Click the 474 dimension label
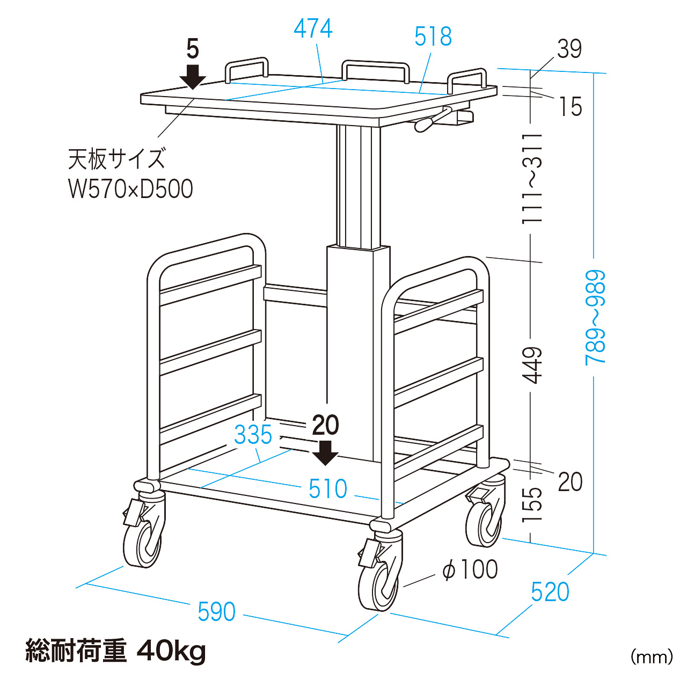click(313, 28)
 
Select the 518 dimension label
click(433, 36)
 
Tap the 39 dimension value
click(569, 49)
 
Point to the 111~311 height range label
click(532, 179)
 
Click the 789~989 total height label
click(595, 318)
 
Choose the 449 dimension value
click(532, 365)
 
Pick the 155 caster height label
click(532, 505)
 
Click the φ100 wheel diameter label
click(470, 569)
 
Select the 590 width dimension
click(216, 612)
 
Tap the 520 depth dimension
click(550, 592)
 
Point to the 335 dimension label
click(253, 435)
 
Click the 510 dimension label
click(328, 489)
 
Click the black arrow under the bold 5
click(193, 76)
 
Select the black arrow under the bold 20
click(325, 452)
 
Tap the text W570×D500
click(130, 189)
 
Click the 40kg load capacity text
click(171, 651)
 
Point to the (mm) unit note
click(652, 656)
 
